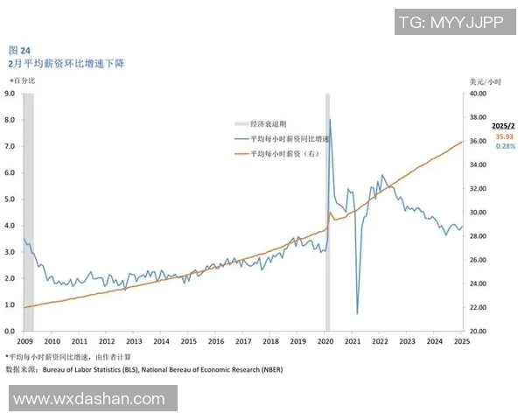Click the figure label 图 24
(x=18, y=51)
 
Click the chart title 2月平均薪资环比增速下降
(x=66, y=64)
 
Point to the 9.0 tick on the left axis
(x=10, y=93)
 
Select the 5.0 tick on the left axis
(x=10, y=199)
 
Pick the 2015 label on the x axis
(x=188, y=341)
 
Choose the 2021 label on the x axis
(x=353, y=341)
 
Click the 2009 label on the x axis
(x=24, y=341)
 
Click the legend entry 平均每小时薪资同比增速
(x=289, y=139)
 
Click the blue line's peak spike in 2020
(x=329, y=120)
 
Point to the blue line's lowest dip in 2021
(x=357, y=313)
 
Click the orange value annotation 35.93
(x=504, y=136)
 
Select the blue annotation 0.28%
(x=505, y=146)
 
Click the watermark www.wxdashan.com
(x=89, y=399)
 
